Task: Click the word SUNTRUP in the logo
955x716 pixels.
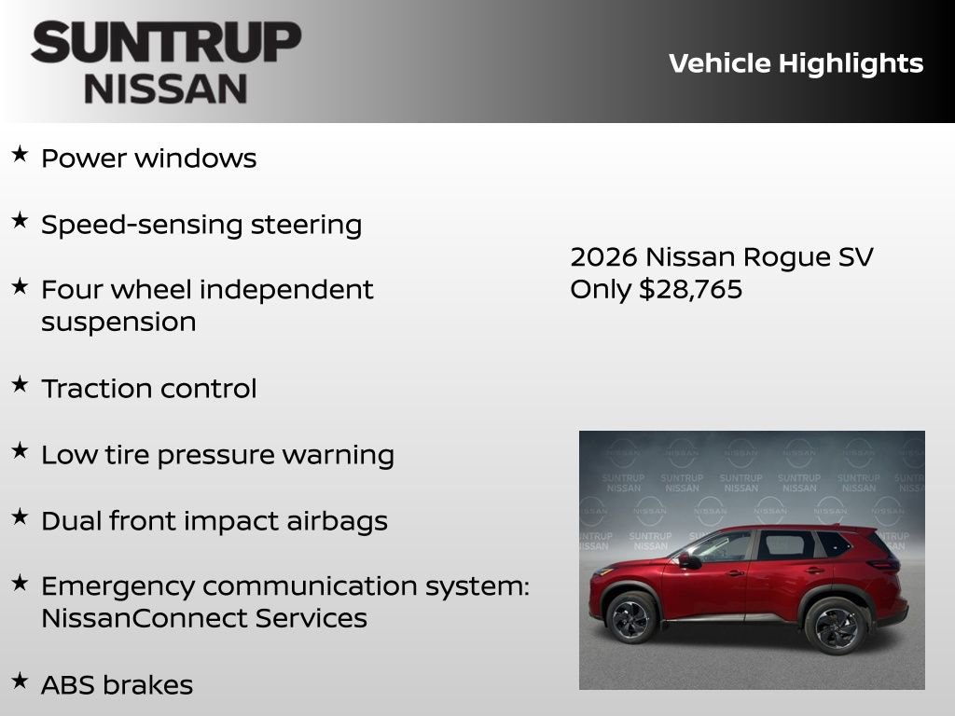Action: pos(166,43)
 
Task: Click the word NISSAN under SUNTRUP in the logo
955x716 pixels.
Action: pos(166,89)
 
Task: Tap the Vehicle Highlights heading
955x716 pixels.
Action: pos(796,63)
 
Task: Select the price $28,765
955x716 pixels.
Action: pos(691,289)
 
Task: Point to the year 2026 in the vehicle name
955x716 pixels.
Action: pos(603,256)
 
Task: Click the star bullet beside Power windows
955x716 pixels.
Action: pos(20,155)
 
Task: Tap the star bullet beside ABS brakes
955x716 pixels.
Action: pos(20,682)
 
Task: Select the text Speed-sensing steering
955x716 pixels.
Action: pos(201,225)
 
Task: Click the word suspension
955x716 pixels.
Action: pos(118,322)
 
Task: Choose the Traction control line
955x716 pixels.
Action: pos(148,389)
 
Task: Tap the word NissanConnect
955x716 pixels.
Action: pos(145,618)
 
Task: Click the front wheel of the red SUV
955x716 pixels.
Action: pos(631,617)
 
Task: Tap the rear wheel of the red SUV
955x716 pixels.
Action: pos(835,625)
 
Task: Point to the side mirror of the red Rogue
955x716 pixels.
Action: pos(686,560)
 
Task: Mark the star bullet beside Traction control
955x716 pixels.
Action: pos(20,385)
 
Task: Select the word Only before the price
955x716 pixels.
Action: pos(601,289)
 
